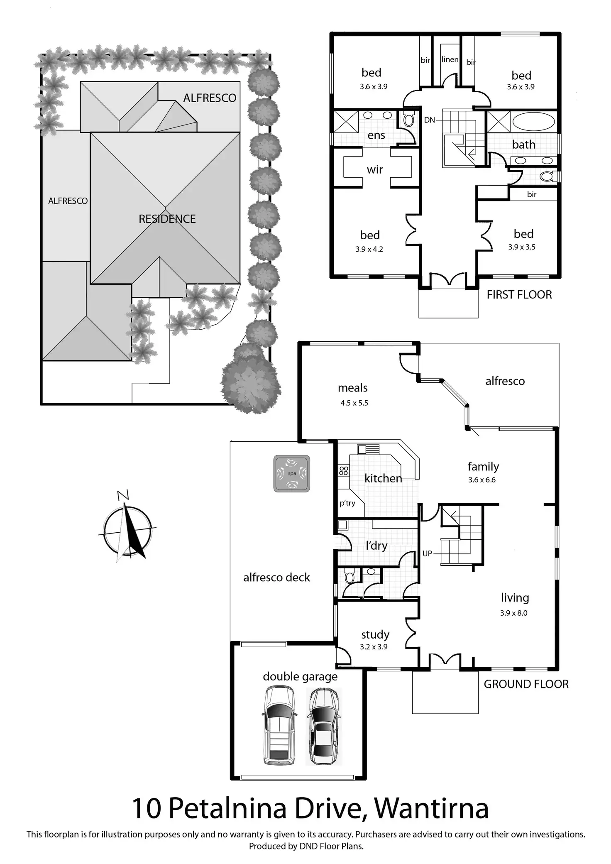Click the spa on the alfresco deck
[292, 473]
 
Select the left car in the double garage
[279, 725]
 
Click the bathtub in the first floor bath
[533, 122]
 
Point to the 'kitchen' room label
[383, 478]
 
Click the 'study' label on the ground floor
[375, 634]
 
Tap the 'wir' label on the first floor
[375, 169]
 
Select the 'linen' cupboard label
[450, 59]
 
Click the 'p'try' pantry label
[347, 503]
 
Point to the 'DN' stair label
[430, 120]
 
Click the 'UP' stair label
[427, 553]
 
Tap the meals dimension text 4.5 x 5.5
[354, 403]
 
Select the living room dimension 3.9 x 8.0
[514, 613]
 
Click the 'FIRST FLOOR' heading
[519, 295]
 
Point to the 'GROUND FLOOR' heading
[526, 684]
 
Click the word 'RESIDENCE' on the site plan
[167, 219]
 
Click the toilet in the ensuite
[409, 120]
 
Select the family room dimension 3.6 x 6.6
[482, 480]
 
